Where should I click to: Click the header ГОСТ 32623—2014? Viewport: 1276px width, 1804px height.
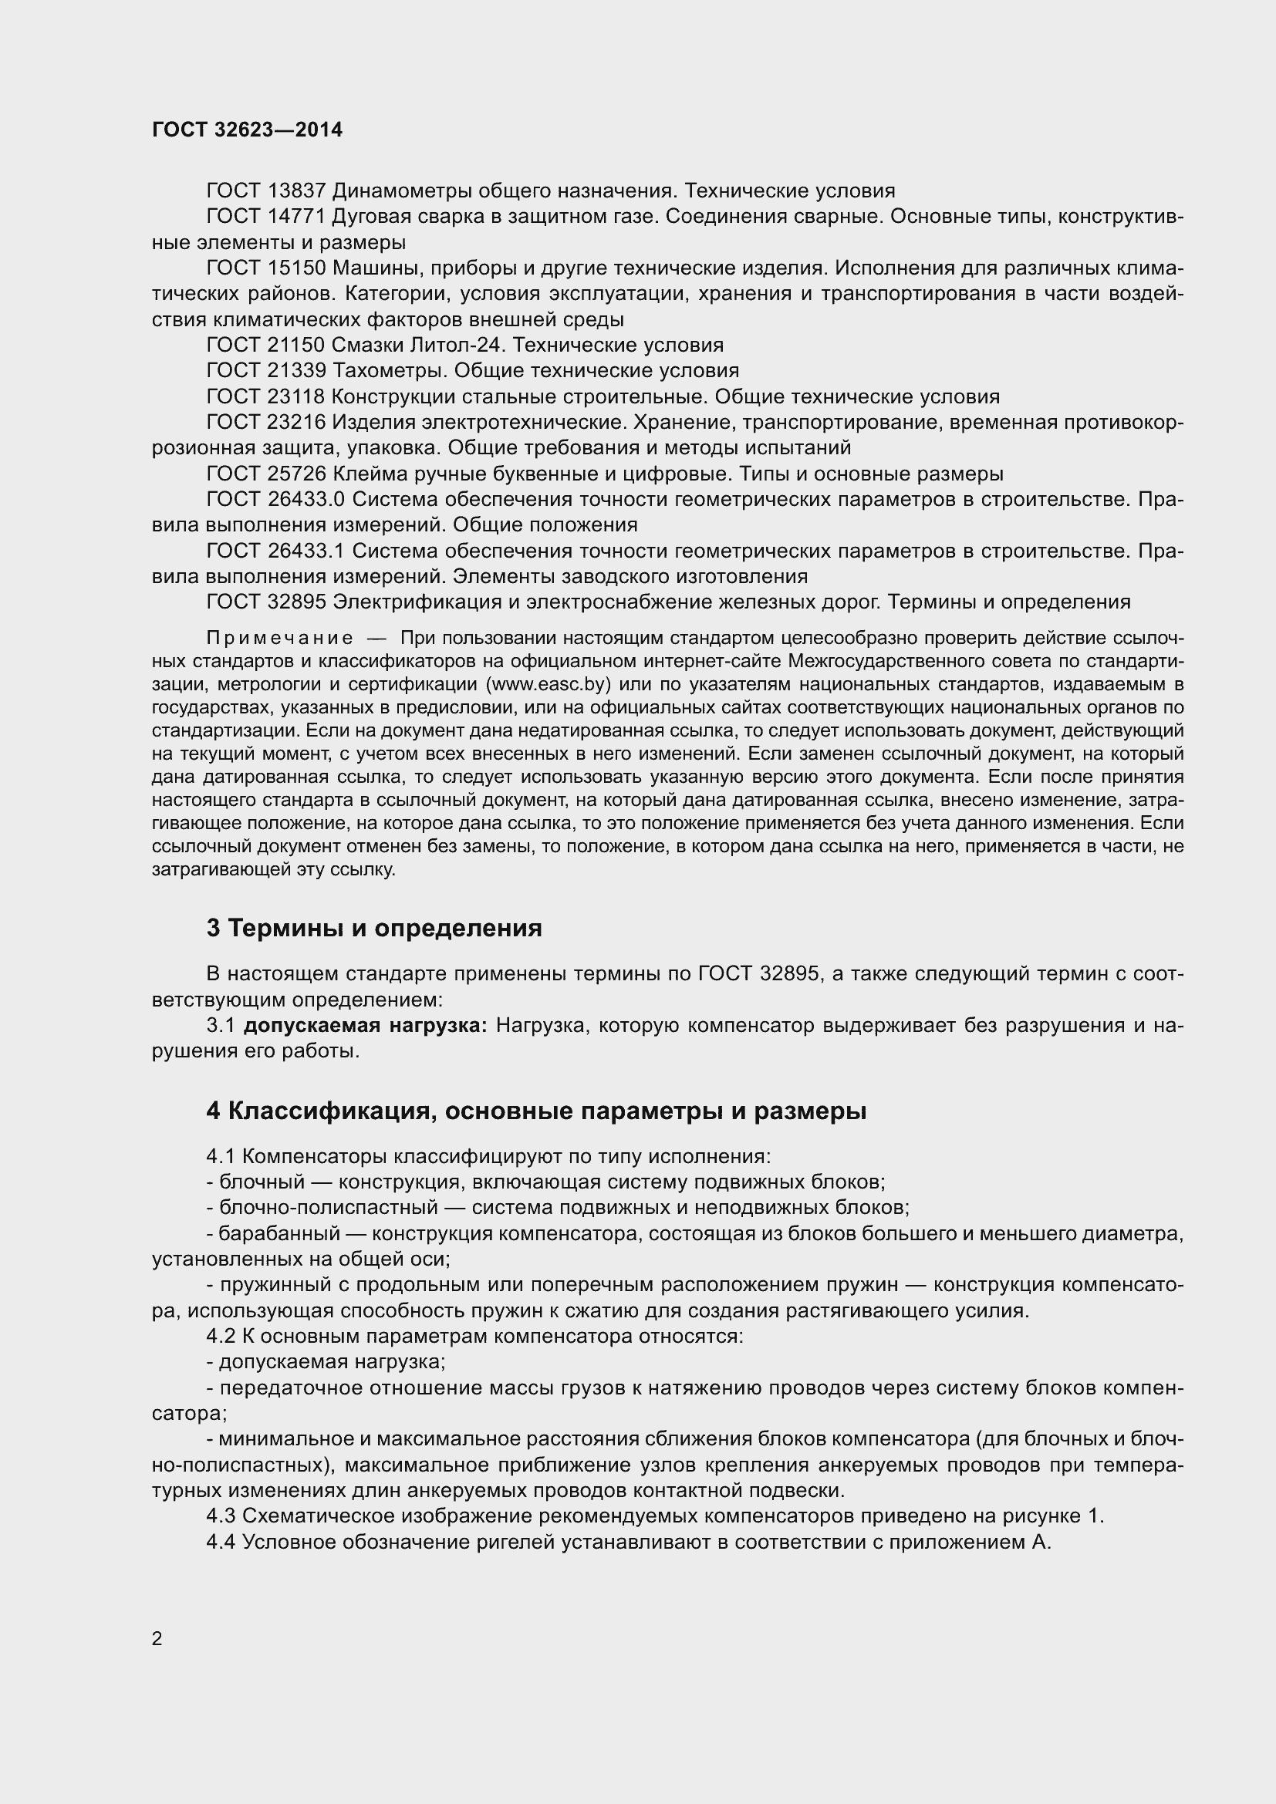(x=248, y=130)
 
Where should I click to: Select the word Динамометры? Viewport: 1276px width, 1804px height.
(x=400, y=191)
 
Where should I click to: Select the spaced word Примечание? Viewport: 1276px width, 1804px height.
(x=279, y=637)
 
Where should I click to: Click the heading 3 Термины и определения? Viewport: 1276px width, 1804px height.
(x=374, y=928)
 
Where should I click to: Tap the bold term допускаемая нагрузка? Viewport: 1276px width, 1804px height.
(x=366, y=1025)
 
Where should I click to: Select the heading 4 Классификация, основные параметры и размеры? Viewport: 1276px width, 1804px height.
(x=537, y=1111)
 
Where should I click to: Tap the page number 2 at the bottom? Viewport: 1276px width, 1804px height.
(x=157, y=1639)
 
